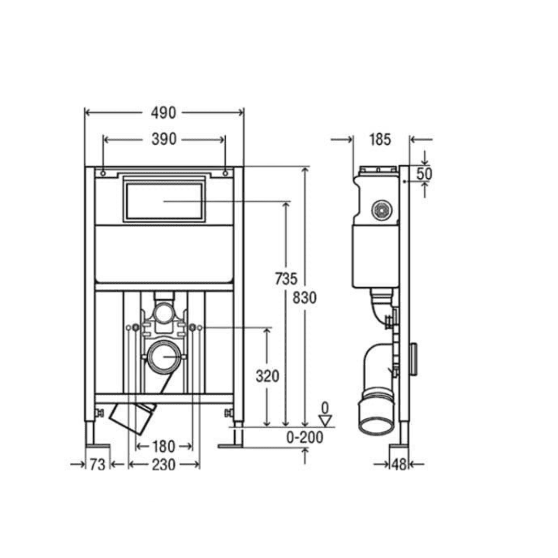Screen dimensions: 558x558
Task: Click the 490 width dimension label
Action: pos(164,113)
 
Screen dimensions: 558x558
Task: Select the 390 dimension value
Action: pos(164,139)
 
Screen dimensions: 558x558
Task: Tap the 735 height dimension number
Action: pos(286,279)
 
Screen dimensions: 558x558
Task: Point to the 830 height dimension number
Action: pos(305,298)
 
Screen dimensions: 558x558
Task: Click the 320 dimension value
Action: pos(267,376)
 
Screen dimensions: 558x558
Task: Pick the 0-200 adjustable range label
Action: pos(305,438)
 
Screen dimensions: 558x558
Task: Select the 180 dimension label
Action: pos(163,446)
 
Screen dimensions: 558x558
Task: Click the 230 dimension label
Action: pos(163,465)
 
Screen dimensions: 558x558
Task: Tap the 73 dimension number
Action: pos(97,465)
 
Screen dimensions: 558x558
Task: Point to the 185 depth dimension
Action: pos(381,139)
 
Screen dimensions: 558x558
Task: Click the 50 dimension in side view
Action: pos(424,174)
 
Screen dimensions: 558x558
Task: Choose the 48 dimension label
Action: pos(398,465)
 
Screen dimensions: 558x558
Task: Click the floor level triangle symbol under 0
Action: pos(324,421)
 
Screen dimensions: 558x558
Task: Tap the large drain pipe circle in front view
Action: pos(164,357)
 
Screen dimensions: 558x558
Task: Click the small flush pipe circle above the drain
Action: pos(164,313)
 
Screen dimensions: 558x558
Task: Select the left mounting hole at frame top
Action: pos(103,173)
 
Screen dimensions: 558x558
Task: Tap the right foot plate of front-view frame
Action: pos(229,446)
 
